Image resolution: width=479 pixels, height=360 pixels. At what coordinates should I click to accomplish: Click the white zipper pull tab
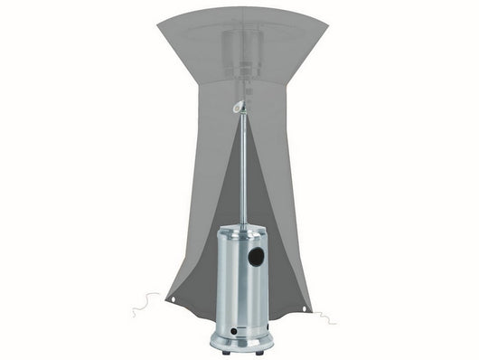pos(238,107)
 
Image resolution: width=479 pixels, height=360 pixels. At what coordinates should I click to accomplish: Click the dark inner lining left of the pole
pos(212,244)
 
